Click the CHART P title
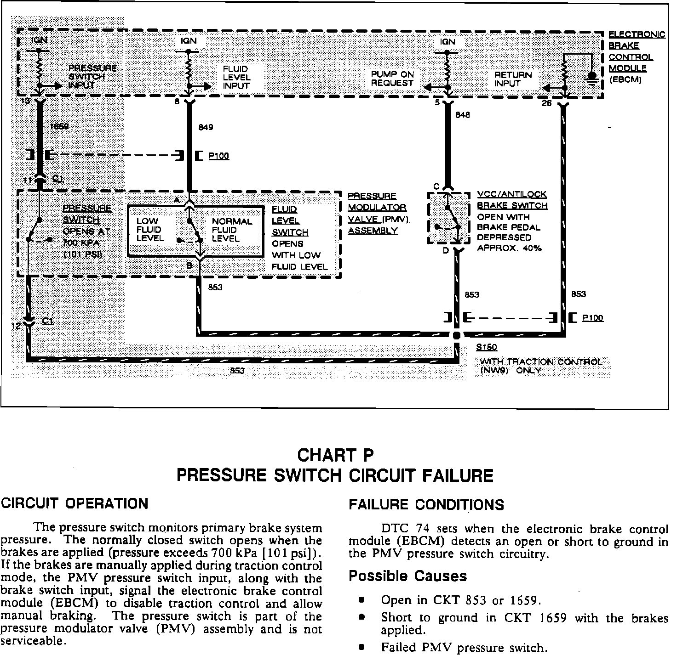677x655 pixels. (335, 455)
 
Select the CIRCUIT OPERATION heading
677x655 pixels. (75, 503)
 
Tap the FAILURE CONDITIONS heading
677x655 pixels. (426, 505)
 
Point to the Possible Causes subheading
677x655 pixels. (407, 576)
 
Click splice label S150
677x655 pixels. (487, 348)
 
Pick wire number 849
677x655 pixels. (206, 127)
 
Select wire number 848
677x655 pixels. (462, 116)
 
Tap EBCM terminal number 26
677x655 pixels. (546, 103)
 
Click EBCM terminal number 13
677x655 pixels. (26, 100)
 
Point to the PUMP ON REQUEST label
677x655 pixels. (392, 79)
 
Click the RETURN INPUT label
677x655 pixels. (513, 79)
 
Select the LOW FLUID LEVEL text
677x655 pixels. (150, 230)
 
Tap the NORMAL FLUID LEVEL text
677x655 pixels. (232, 230)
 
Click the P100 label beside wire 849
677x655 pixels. (218, 156)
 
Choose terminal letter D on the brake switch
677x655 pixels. (446, 251)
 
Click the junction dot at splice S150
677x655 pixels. (456, 335)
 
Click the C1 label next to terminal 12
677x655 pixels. (47, 321)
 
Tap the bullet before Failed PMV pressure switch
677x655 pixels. (362, 648)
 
